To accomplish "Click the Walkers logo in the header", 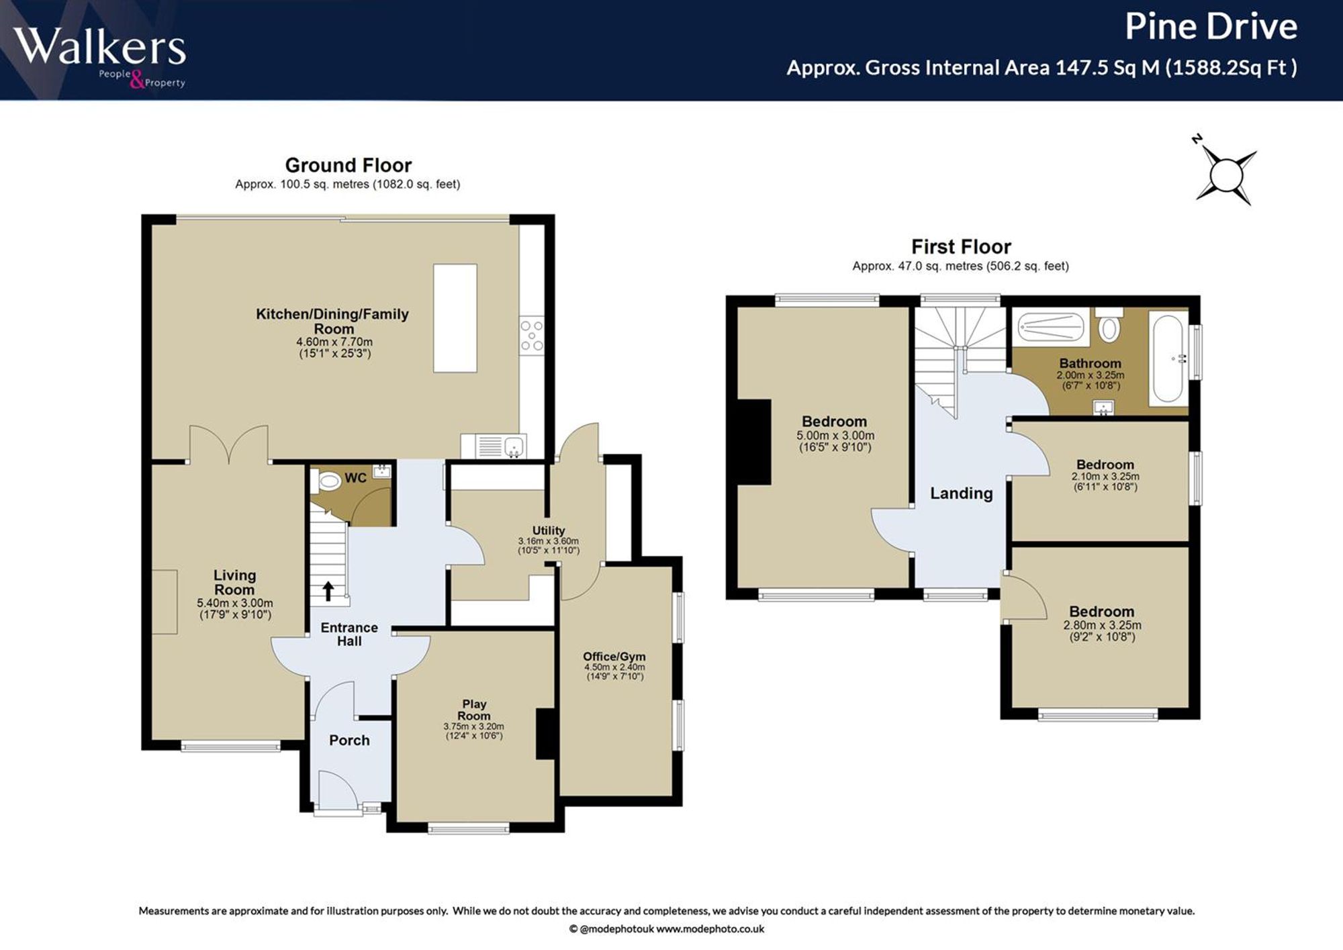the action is tap(99, 57).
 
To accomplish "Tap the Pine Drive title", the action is tap(1211, 27).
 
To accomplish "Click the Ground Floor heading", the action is tap(348, 165).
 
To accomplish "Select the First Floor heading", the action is tap(961, 247).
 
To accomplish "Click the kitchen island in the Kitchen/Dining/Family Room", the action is tap(455, 318).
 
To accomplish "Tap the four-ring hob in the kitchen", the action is tap(532, 335).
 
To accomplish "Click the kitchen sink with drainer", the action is tap(494, 446).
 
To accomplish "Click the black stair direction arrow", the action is tap(328, 591).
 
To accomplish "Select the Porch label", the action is tap(349, 740).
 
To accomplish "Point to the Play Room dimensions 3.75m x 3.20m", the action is tap(473, 726).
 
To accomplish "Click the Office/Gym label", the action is tap(614, 657).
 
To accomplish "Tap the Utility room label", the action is tap(549, 530).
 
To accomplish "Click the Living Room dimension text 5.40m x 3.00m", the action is tap(235, 603).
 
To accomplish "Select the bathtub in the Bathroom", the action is tap(1168, 359).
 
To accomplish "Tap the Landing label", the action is tap(961, 493).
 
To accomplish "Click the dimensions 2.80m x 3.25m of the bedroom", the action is tap(1102, 625).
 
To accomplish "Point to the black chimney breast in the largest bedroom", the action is tap(754, 442).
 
